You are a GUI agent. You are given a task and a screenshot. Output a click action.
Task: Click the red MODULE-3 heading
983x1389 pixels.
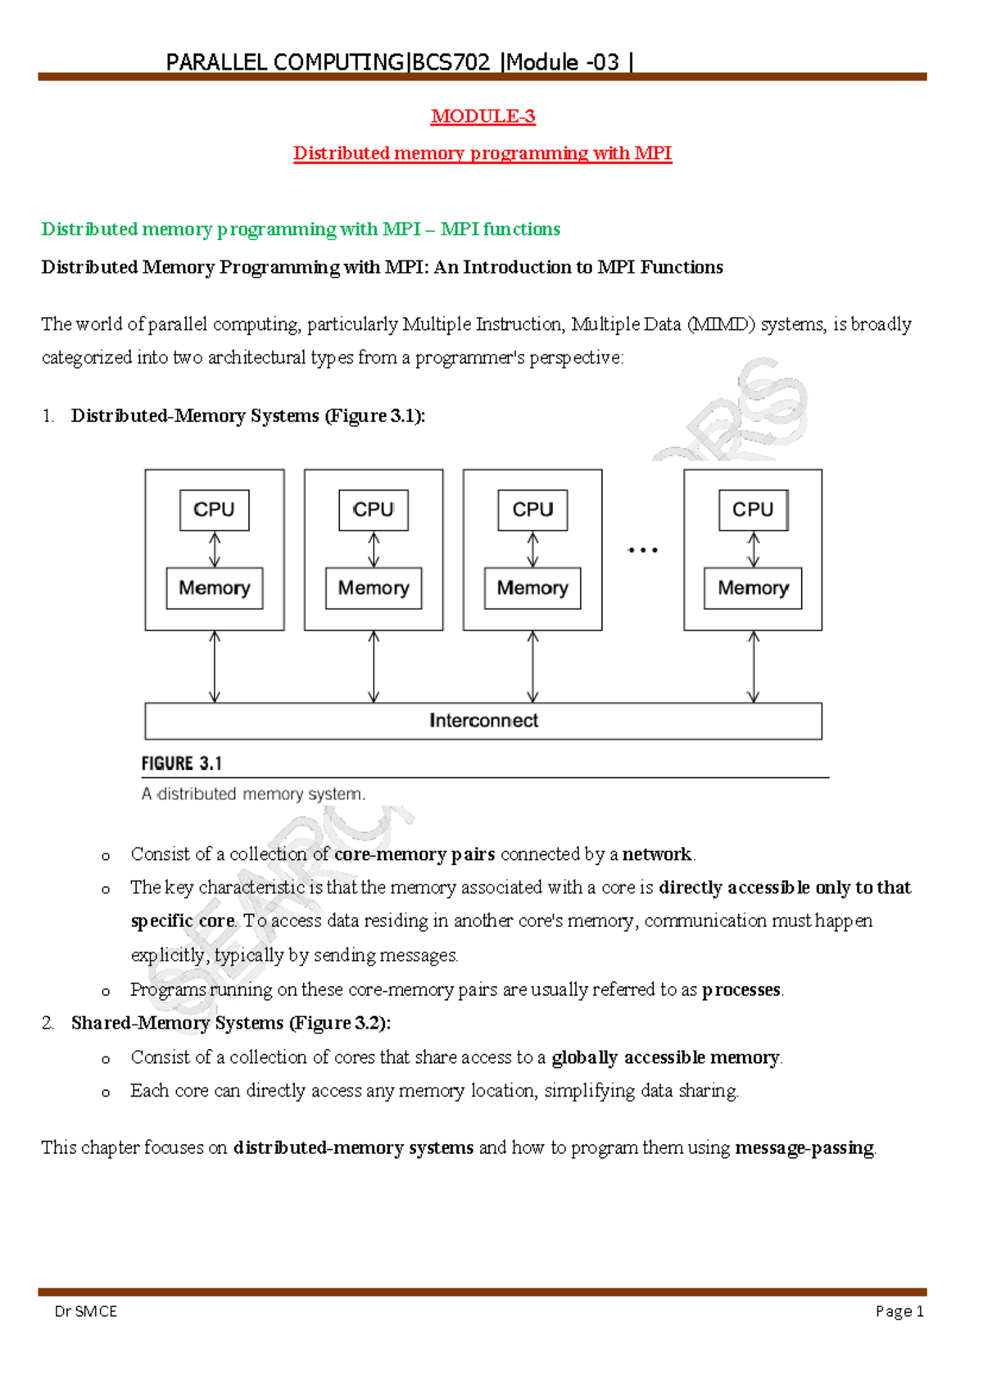[482, 116]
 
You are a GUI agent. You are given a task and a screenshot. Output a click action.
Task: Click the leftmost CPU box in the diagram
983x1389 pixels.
[214, 509]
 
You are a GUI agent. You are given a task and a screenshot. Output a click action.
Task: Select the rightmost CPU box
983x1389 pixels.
[753, 509]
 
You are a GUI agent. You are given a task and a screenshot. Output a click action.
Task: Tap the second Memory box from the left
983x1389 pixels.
[374, 588]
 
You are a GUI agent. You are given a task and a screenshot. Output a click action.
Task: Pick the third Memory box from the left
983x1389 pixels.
[532, 588]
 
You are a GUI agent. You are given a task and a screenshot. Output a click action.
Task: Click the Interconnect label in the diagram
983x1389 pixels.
[483, 721]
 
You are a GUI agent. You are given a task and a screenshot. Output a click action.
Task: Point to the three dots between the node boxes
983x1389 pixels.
[643, 550]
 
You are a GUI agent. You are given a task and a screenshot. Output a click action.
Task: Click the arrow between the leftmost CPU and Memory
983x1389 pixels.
[215, 550]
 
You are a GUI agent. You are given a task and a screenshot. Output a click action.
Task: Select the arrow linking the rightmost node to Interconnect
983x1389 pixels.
[753, 667]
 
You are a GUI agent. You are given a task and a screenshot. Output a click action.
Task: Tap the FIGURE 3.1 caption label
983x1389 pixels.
[181, 763]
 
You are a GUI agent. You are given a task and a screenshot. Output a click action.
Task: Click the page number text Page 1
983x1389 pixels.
[899, 1311]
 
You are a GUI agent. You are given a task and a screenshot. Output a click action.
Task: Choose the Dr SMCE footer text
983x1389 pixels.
[86, 1311]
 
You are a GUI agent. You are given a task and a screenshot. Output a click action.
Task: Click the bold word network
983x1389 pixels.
[657, 854]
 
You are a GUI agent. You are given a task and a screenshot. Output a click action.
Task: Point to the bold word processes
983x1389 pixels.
[741, 989]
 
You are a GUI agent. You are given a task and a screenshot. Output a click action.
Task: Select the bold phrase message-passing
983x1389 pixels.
[804, 1147]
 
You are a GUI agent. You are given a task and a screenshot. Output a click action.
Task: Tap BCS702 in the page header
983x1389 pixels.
[451, 62]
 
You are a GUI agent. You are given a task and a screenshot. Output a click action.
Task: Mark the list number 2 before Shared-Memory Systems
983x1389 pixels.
[48, 1023]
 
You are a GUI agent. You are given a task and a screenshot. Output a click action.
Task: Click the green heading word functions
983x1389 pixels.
[522, 229]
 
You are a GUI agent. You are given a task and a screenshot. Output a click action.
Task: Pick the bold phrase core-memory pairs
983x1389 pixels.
[414, 854]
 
